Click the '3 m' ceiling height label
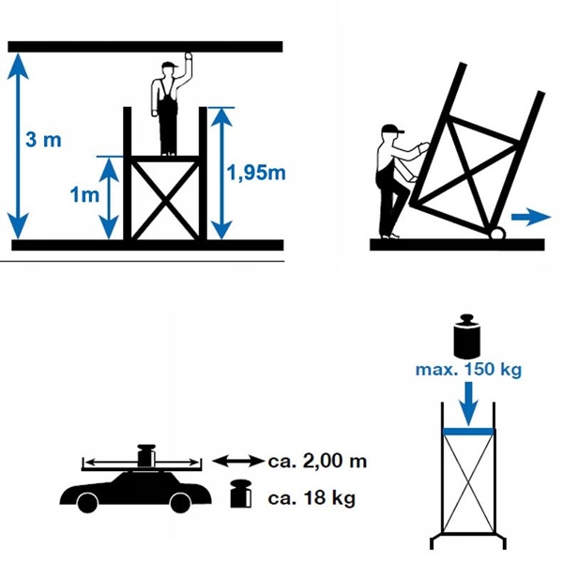[x=43, y=141]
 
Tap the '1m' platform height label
[x=84, y=194]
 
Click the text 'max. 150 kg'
[x=468, y=370]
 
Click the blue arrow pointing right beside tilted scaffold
[x=531, y=217]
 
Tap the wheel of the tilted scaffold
[x=495, y=231]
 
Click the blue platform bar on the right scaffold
[x=468, y=432]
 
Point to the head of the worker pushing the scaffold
[x=392, y=135]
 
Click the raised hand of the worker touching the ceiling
[x=190, y=58]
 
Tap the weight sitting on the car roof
[x=145, y=456]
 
